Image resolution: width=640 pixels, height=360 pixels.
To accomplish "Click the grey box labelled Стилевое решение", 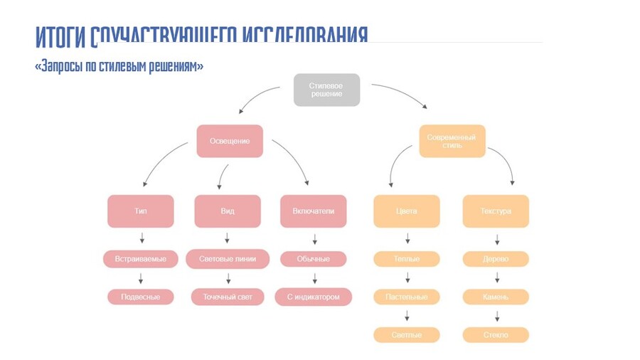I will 326,90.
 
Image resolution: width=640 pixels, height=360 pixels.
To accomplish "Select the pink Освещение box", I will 230,141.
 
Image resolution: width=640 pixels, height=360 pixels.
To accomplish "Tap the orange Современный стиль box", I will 452,141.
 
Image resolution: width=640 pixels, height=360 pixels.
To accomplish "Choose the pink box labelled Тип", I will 141,211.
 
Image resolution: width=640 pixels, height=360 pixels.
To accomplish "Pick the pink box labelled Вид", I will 228,211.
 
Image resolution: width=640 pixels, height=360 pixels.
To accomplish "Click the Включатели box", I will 313,211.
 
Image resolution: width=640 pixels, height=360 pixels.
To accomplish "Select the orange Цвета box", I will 407,211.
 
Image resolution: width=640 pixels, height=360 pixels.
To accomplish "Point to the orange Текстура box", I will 496,211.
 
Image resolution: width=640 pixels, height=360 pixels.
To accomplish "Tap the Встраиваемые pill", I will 141,259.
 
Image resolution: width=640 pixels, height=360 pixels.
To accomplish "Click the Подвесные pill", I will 141,297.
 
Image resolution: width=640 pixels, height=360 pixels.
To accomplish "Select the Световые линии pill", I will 228,259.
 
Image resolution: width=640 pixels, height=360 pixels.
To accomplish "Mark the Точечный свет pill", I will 228,297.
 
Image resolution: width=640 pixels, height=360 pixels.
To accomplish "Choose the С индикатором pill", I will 313,297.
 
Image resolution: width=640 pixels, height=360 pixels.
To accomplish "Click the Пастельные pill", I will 407,297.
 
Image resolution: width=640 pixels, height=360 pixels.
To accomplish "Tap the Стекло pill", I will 496,335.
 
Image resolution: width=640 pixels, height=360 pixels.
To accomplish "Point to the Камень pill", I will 496,297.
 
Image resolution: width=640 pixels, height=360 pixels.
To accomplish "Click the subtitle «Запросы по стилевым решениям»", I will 119,66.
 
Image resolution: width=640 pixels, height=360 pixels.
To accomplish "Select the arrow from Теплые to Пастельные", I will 407,277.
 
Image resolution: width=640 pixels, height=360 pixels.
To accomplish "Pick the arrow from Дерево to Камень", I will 496,277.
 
